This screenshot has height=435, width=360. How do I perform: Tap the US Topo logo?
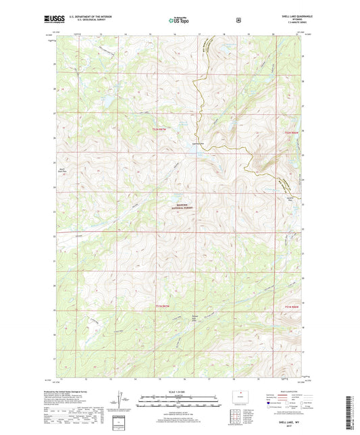(x=179, y=21)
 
